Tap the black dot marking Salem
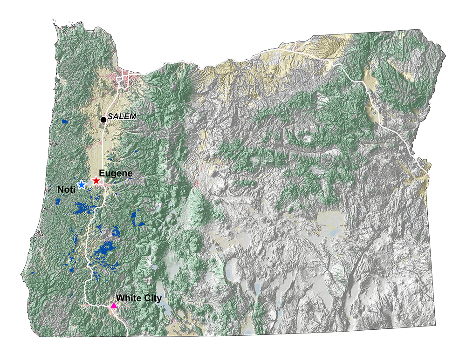[x=103, y=120]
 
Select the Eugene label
[x=116, y=173]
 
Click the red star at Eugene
[x=96, y=181]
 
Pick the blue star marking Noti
[x=82, y=185]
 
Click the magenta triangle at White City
[x=113, y=306]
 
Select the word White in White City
[x=128, y=298]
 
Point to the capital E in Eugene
[x=102, y=173]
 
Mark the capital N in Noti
[x=60, y=190]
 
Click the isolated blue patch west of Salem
[x=64, y=122]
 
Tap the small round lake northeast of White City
[x=154, y=267]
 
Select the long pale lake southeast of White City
[x=161, y=291]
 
